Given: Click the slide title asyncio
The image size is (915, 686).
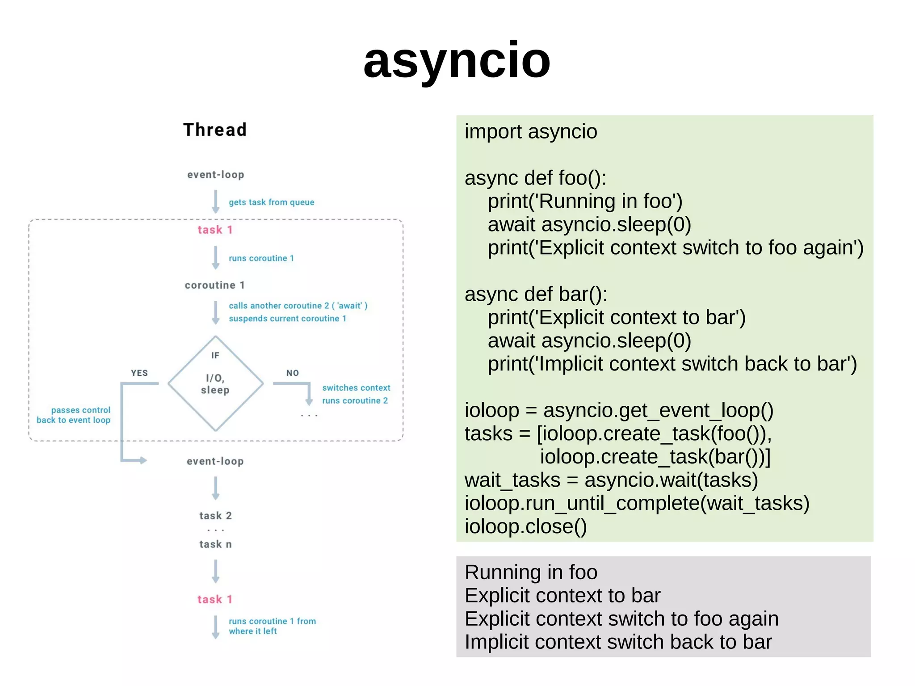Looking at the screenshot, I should pos(457,60).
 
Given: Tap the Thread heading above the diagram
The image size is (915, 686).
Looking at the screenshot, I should pos(215,130).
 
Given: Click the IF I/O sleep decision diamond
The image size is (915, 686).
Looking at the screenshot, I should pos(215,383).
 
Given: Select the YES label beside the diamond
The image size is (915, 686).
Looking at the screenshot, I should pos(139,373).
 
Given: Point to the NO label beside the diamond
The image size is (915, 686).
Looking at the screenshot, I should pos(292,373).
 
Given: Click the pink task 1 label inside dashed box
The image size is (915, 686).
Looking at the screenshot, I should pos(215,230).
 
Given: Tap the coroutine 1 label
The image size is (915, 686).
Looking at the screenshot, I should pos(214,285).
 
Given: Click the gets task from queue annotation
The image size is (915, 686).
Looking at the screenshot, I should pos(271,202).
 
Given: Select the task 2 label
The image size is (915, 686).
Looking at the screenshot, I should pos(215,516).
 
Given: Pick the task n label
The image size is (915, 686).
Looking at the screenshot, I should pos(215,544).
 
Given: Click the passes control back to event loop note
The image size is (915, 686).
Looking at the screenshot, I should pos(74,415).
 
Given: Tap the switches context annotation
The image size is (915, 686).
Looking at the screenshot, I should pos(356,387).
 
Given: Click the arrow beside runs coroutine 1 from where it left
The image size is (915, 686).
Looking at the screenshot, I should pos(216,627).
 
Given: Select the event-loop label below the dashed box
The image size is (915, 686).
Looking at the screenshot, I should pos(215,461).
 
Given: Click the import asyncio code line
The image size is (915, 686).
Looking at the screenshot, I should pos(530,132).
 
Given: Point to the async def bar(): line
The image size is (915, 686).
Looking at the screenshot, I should pos(536,295).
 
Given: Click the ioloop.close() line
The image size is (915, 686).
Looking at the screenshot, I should pos(525,526).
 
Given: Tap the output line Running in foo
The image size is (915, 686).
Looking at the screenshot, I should pos(531,572).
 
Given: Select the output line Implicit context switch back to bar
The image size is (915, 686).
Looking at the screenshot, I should pos(618,642).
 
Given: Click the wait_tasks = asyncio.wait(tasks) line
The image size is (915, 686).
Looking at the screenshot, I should pos(611,480).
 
